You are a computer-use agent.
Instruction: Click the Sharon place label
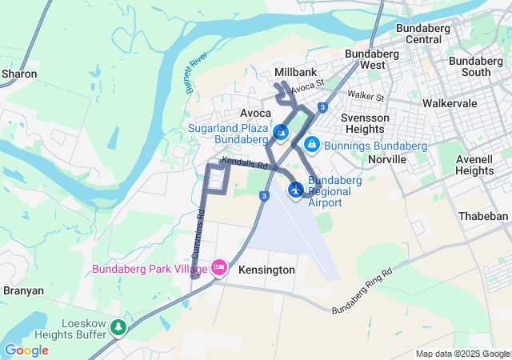tap(20, 74)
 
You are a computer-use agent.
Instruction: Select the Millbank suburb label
tap(296, 71)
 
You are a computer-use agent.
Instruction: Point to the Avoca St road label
tap(307, 84)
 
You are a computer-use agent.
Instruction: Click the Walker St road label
tap(367, 97)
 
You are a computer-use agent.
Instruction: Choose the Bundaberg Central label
tap(424, 34)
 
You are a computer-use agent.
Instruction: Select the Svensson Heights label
tap(365, 123)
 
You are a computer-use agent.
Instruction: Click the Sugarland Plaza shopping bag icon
tap(282, 131)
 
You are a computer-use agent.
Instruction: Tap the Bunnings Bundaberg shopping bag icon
tap(312, 144)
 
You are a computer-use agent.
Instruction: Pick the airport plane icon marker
tap(296, 190)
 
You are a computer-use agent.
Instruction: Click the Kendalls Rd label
tap(245, 164)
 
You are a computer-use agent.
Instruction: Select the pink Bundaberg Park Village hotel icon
tap(218, 269)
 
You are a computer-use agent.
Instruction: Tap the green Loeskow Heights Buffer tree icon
tap(118, 326)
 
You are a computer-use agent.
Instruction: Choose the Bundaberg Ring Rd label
tap(363, 290)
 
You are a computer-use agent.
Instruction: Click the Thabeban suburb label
tap(482, 216)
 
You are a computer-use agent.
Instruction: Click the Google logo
tap(26, 350)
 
